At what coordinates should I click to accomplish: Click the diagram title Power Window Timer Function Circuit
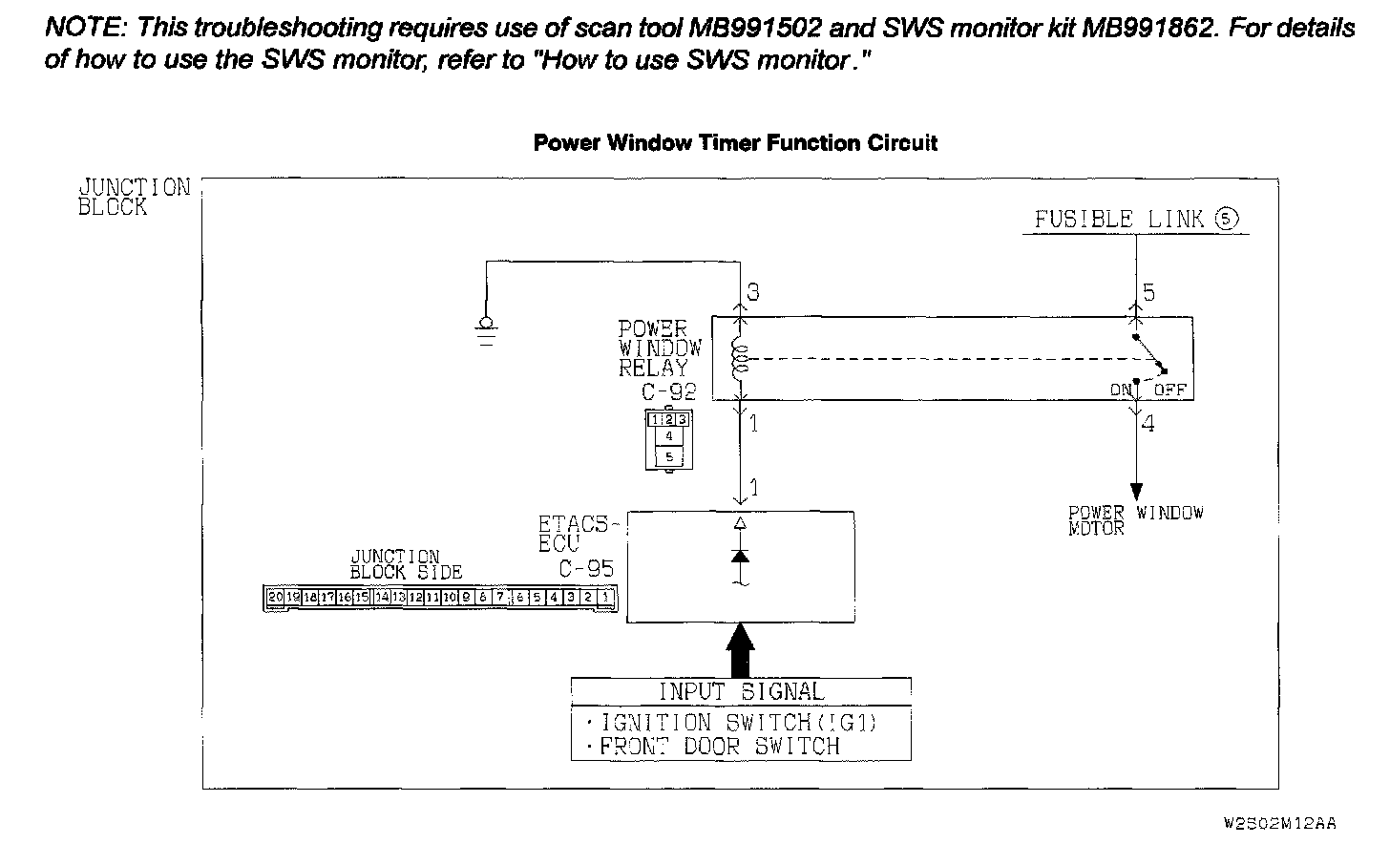(735, 143)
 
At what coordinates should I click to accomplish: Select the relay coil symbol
(738, 359)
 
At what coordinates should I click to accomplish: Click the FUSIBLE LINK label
(1119, 220)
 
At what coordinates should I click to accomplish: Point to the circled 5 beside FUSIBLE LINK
(1227, 219)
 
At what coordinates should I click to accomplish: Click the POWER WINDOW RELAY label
(660, 348)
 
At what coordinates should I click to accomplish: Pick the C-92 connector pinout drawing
(668, 438)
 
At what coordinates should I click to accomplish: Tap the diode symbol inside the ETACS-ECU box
(740, 555)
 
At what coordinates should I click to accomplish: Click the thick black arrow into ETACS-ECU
(740, 649)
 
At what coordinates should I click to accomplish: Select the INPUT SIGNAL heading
(741, 691)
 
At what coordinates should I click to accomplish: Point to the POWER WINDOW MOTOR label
(1135, 520)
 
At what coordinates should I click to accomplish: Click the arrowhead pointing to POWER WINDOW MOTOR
(1136, 492)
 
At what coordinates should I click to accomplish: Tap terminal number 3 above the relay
(753, 292)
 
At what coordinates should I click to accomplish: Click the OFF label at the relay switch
(1170, 390)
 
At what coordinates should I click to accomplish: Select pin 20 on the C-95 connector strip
(275, 598)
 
